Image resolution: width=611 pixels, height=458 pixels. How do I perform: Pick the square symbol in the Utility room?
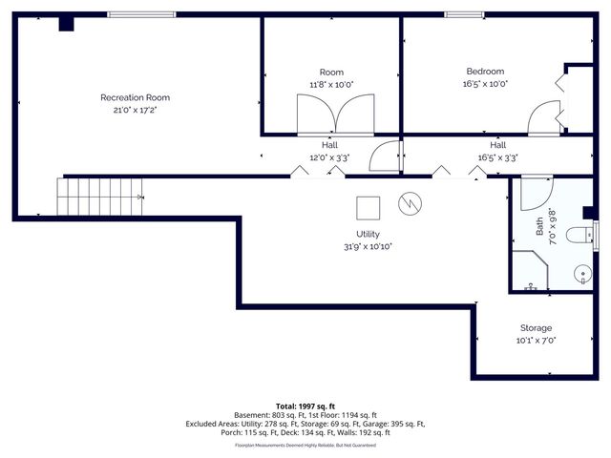click(x=368, y=207)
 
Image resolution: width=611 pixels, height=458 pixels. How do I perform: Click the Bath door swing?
click(x=537, y=189)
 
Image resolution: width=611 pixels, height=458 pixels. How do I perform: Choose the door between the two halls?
click(x=386, y=156)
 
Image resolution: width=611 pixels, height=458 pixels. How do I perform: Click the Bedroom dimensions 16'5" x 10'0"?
click(x=485, y=84)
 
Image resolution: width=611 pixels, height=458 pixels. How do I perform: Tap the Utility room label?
click(x=368, y=235)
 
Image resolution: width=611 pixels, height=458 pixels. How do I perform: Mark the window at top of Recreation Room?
click(x=141, y=14)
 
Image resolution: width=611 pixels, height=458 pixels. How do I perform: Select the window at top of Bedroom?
click(x=465, y=14)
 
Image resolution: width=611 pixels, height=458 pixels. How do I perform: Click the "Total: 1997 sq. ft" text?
click(x=305, y=406)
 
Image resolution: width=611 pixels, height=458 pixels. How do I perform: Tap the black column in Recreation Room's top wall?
click(x=66, y=24)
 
